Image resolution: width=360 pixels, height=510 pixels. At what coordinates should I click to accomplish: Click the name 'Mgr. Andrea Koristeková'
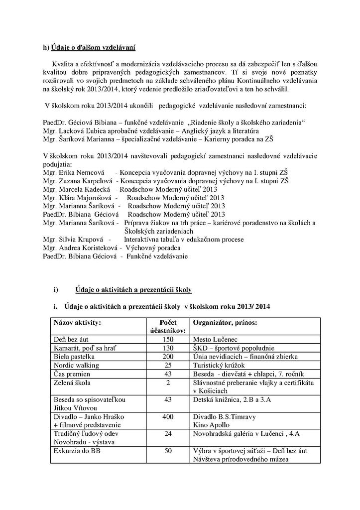[x=80, y=248]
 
